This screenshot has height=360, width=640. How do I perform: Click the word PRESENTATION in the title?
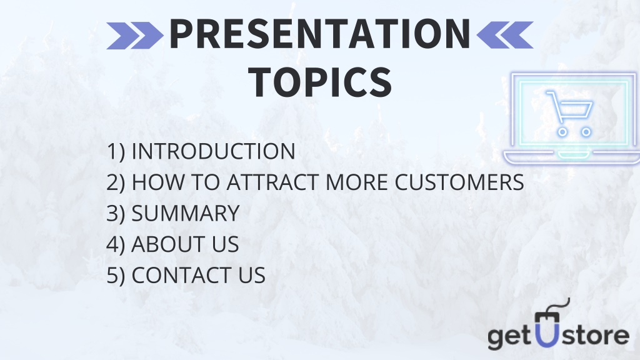(320, 34)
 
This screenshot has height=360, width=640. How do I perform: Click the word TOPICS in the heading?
(321, 82)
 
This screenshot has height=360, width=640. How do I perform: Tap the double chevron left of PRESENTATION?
(135, 36)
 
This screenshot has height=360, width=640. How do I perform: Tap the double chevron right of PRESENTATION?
(505, 35)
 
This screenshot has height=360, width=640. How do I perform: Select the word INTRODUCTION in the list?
(214, 151)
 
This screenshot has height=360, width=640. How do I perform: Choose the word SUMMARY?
(185, 213)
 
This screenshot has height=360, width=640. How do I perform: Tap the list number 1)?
(116, 152)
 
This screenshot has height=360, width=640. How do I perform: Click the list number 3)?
(116, 214)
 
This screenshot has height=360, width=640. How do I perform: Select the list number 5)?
(116, 276)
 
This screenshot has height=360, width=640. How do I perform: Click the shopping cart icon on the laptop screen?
(570, 114)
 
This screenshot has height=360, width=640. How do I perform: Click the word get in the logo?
(511, 337)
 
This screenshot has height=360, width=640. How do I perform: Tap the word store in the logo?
(595, 335)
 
